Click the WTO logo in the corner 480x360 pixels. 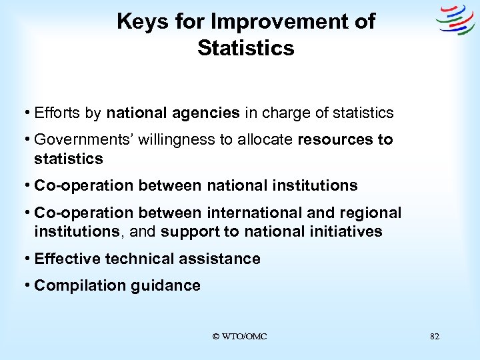click(455, 20)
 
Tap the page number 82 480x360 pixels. click(435, 337)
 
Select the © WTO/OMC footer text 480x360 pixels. click(239, 337)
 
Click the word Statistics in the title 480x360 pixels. click(245, 48)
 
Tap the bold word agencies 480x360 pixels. click(208, 113)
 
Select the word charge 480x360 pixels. click(285, 113)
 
